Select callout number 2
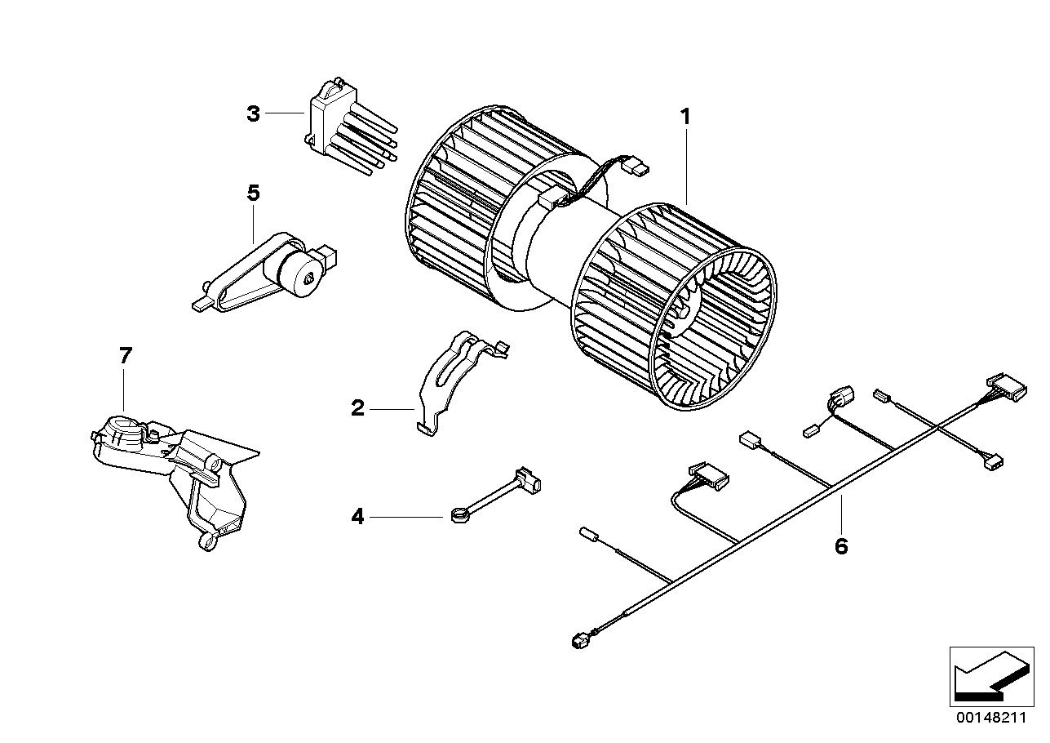[x=357, y=407]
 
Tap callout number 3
[x=253, y=113]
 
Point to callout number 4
[x=357, y=516]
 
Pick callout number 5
[x=253, y=194]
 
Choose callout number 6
[x=841, y=546]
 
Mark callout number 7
[x=125, y=356]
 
